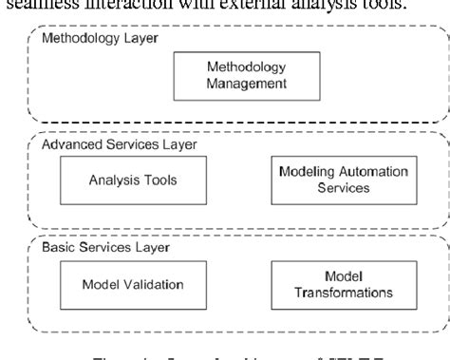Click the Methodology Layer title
(x=86, y=38)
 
